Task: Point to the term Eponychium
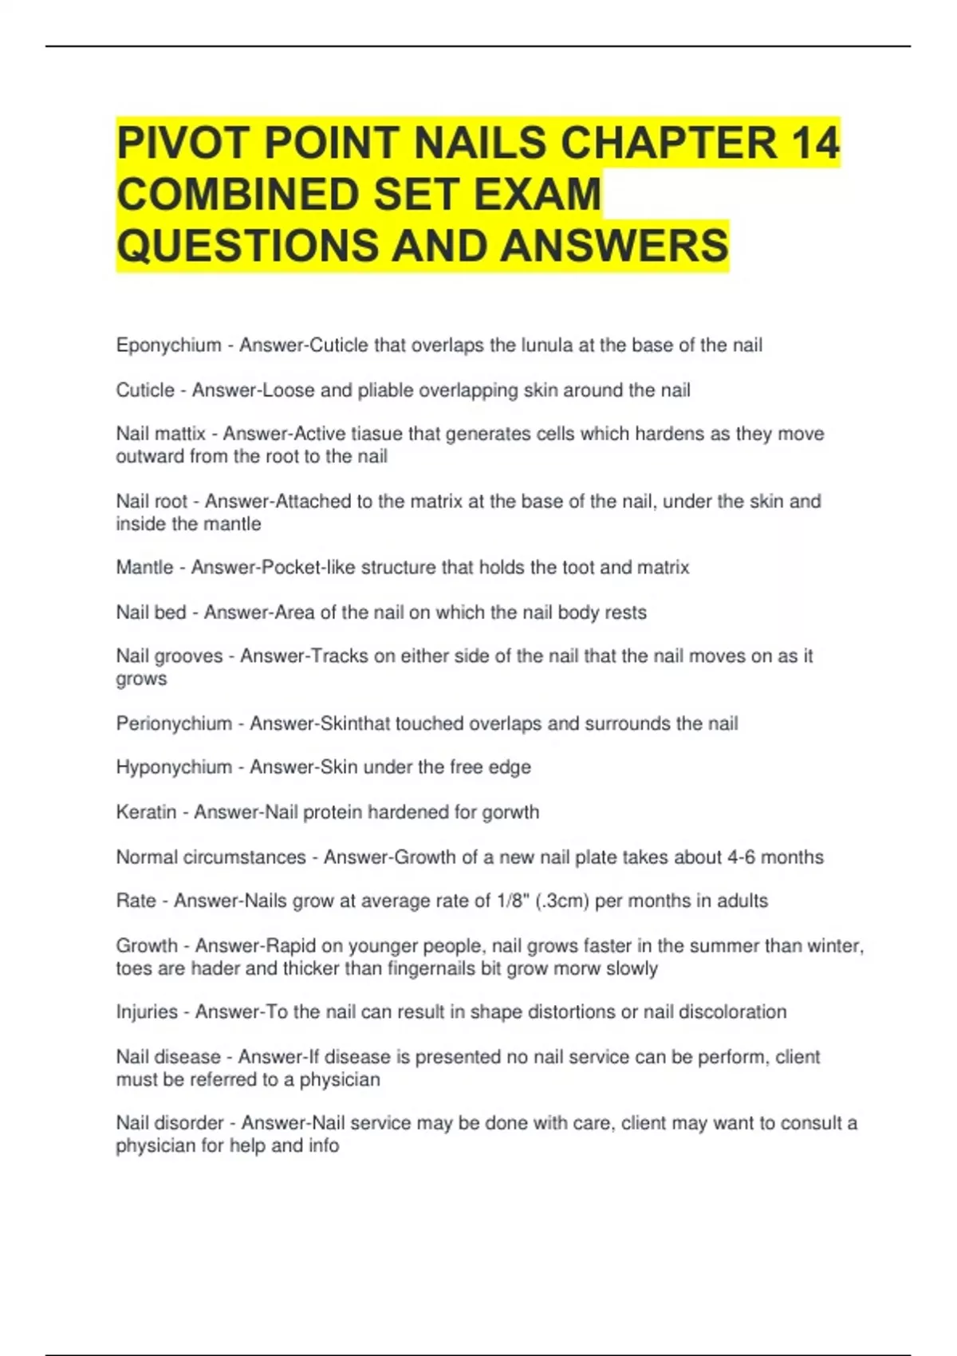point(168,345)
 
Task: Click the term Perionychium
point(174,723)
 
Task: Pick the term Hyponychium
point(174,767)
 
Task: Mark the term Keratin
point(146,812)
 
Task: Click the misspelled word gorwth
point(510,812)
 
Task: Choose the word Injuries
point(147,1012)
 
